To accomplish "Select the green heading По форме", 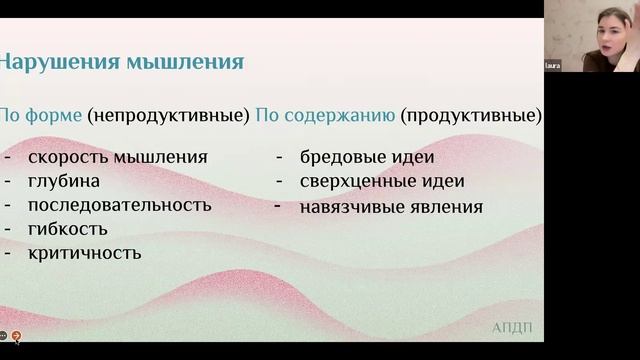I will (40, 115).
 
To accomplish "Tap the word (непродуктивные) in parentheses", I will (168, 115).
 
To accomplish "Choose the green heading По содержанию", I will (325, 115).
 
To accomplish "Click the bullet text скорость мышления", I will (118, 157).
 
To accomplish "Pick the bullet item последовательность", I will (120, 205).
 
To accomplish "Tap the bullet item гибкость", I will (68, 229).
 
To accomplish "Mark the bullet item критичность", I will (85, 253).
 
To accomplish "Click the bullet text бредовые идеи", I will (367, 157).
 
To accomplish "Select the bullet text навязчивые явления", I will (391, 208).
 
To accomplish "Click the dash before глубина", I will (8, 181).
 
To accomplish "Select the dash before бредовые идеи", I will (279, 157).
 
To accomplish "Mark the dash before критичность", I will (8, 253).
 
